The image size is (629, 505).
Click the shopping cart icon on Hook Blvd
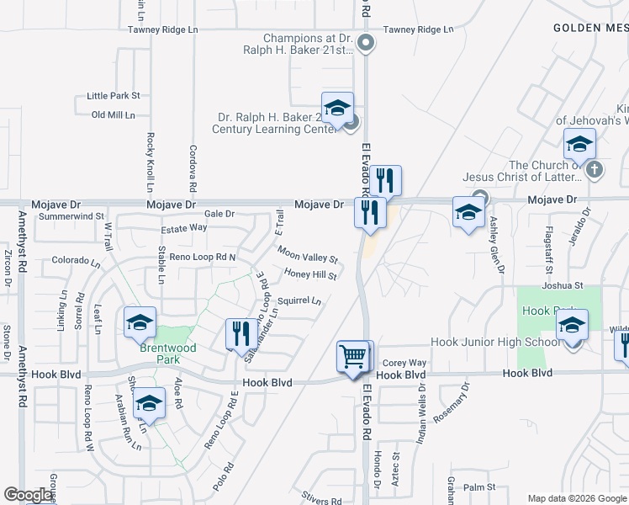[354, 356]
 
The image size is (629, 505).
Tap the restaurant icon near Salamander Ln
[241, 334]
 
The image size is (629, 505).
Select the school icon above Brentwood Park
[140, 322]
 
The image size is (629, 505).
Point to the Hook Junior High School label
[494, 343]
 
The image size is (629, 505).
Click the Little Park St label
[114, 96]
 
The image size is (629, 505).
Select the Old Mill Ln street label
[114, 114]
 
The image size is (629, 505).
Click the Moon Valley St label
[308, 253]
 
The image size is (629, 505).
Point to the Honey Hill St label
[310, 274]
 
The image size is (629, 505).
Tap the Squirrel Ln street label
[299, 300]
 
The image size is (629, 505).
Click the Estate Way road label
[184, 227]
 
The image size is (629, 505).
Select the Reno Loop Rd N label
[203, 256]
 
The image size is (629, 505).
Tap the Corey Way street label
[404, 362]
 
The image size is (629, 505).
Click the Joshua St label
[563, 284]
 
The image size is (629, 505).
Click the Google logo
[28, 495]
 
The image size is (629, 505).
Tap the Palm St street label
[479, 487]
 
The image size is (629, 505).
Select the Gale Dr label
[219, 214]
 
